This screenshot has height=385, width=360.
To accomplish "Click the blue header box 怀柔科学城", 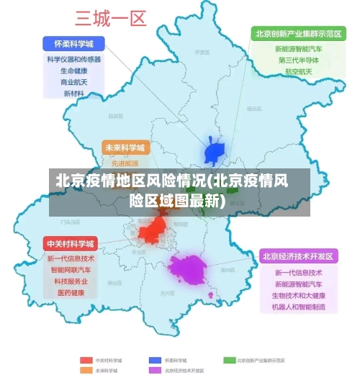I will click(73, 43).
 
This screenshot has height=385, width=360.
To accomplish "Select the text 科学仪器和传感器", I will click(73, 60).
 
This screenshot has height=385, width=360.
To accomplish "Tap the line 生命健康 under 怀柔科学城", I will click(73, 71).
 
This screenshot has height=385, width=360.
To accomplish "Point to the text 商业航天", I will click(73, 83).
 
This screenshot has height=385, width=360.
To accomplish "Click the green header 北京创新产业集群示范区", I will click(296, 34).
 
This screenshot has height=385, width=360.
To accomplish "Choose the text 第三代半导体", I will click(298, 60).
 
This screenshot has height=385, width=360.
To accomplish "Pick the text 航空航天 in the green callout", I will click(298, 72).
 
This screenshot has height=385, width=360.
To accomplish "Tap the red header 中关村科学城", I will click(70, 243).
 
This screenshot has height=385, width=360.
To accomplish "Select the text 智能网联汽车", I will click(71, 270).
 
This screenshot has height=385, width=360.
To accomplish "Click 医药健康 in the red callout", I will click(71, 293).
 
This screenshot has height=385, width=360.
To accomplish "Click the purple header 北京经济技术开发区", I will click(298, 256).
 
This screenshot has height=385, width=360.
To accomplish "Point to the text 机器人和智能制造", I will click(298, 307).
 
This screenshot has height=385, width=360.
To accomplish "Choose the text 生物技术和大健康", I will click(298, 296).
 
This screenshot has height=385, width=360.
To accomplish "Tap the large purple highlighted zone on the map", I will click(187, 270).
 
